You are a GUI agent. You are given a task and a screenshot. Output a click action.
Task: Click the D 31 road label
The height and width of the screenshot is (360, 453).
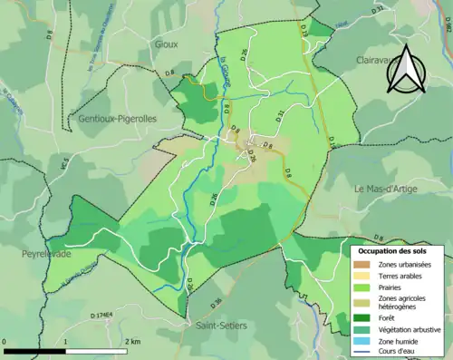tap(280, 113)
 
